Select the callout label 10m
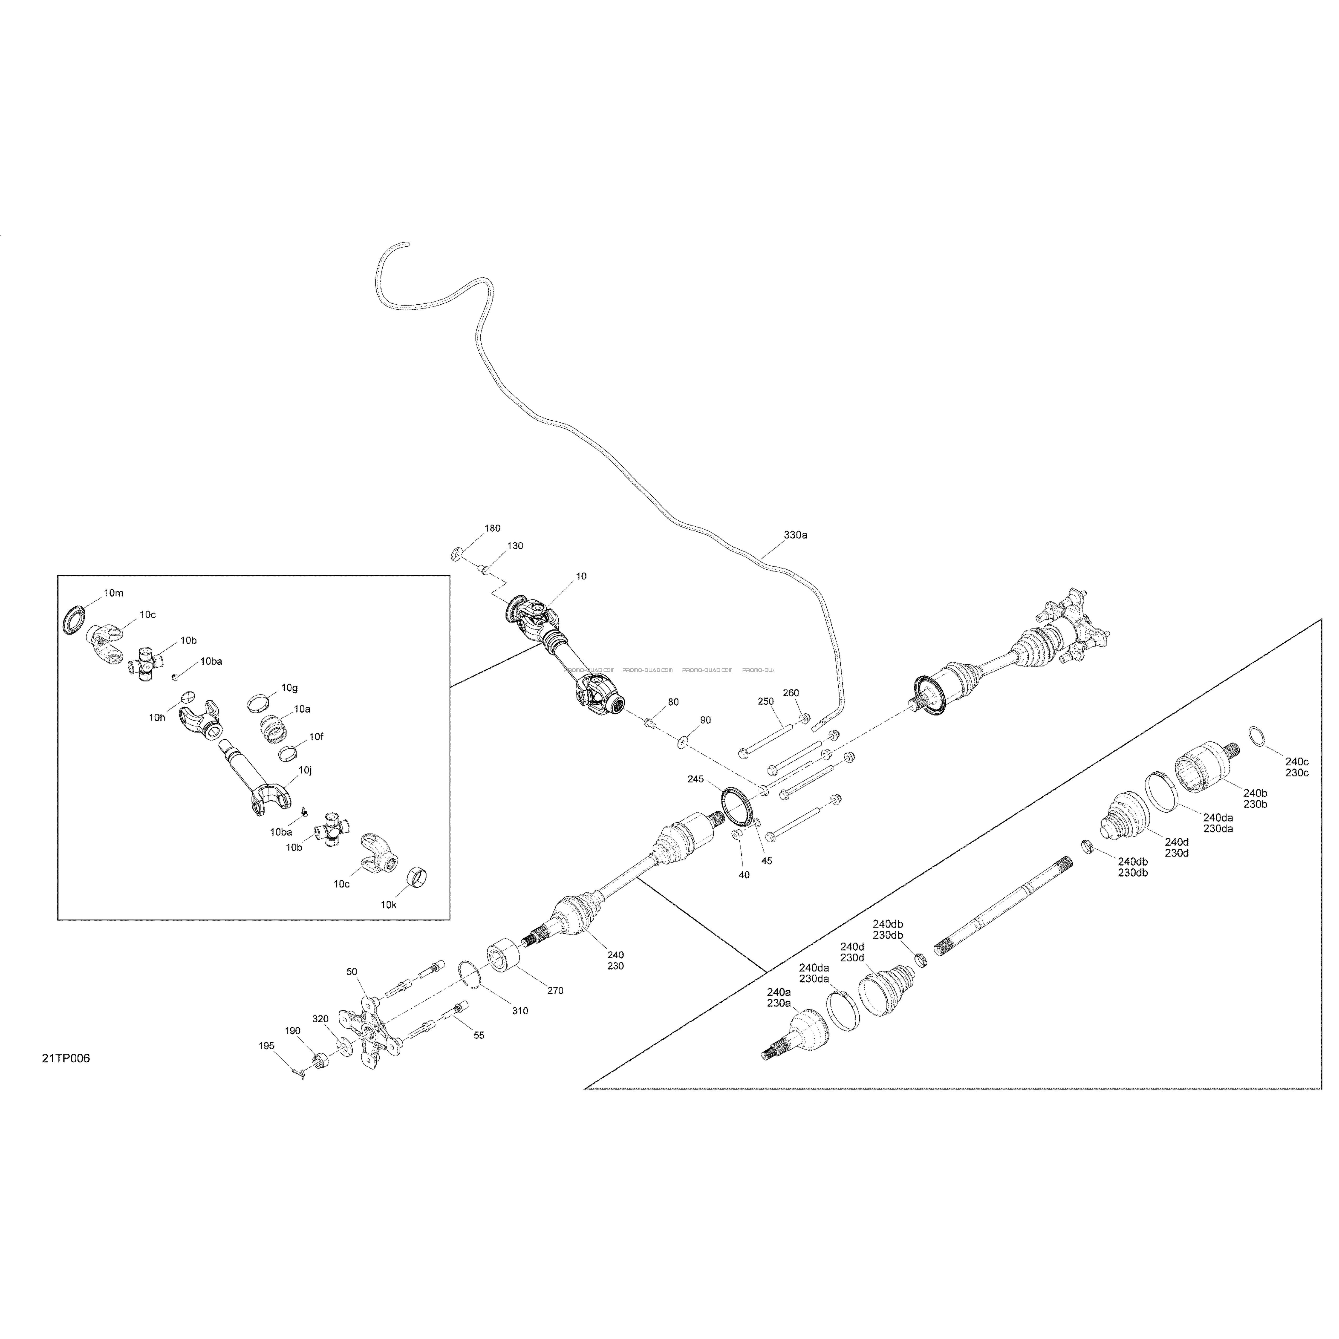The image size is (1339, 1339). pos(114,592)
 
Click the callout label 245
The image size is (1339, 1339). pos(695,779)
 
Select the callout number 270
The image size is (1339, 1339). pos(555,990)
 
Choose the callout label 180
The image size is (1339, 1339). pos(492,528)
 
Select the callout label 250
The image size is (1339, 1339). pos(765,701)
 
